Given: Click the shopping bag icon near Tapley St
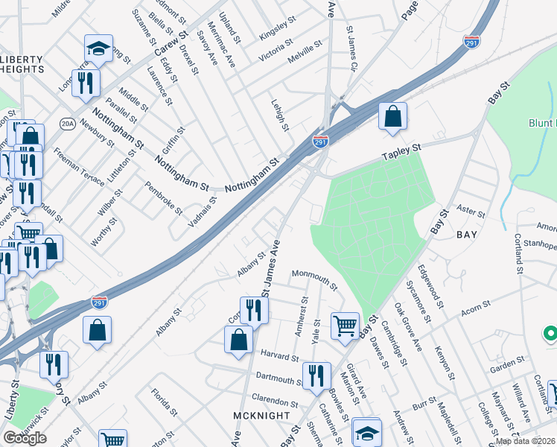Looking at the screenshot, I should [392, 117].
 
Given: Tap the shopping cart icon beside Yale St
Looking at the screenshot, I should [345, 325].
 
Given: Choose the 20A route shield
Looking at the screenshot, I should [68, 124].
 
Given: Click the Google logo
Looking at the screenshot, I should [25, 438].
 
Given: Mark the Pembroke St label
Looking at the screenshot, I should [163, 197].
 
